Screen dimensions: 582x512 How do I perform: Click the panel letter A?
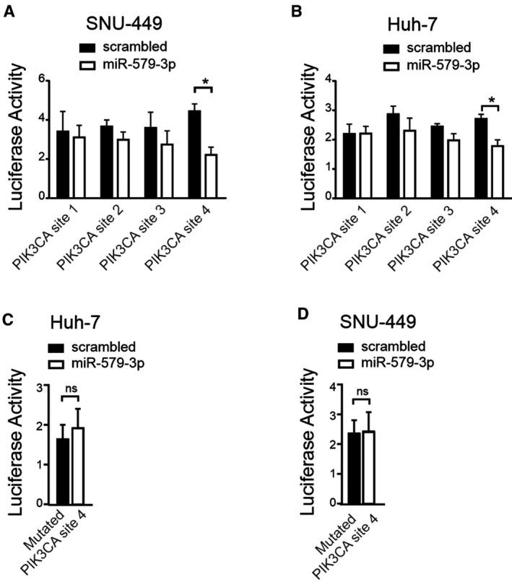pos(9,13)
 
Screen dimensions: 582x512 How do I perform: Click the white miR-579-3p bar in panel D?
pos(369,467)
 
